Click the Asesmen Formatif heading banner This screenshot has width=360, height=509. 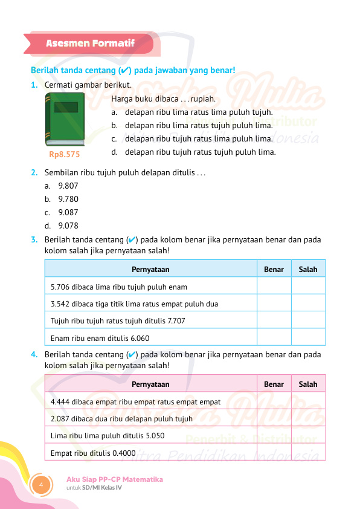[x=91, y=44]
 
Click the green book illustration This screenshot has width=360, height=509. [x=65, y=120]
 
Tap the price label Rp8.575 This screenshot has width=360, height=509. [x=64, y=155]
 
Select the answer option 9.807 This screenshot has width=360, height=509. [x=68, y=186]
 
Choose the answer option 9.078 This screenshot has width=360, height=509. [x=68, y=226]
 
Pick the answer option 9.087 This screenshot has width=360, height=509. [x=68, y=212]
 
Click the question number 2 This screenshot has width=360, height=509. [x=34, y=172]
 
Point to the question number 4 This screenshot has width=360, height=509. [x=34, y=355]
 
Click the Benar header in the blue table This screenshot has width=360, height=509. [x=274, y=269]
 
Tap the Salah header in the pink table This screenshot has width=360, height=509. [x=308, y=384]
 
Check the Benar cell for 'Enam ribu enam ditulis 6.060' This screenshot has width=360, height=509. [x=274, y=338]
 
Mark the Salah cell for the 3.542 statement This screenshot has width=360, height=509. [x=308, y=303]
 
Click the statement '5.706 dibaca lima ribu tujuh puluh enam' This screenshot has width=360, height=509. [x=119, y=287]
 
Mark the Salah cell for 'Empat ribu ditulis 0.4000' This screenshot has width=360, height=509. [x=308, y=452]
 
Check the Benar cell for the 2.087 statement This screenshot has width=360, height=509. [x=274, y=418]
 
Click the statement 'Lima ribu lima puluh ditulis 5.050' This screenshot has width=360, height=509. [x=108, y=435]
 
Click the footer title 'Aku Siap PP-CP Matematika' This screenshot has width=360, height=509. [x=115, y=479]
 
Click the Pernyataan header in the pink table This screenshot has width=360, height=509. [x=150, y=384]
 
